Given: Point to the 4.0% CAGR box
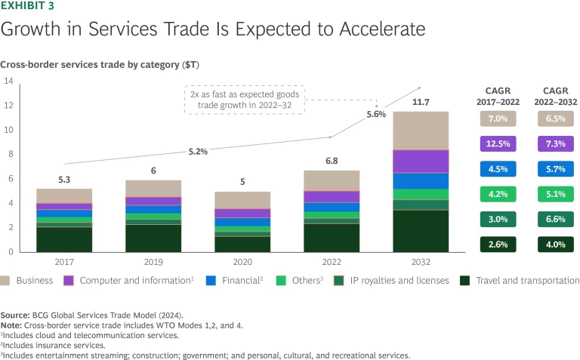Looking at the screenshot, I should (555, 245).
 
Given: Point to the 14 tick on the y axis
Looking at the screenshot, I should (9, 81).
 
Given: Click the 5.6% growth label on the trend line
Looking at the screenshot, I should (376, 115).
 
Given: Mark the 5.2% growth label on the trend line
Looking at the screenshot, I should (198, 152).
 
